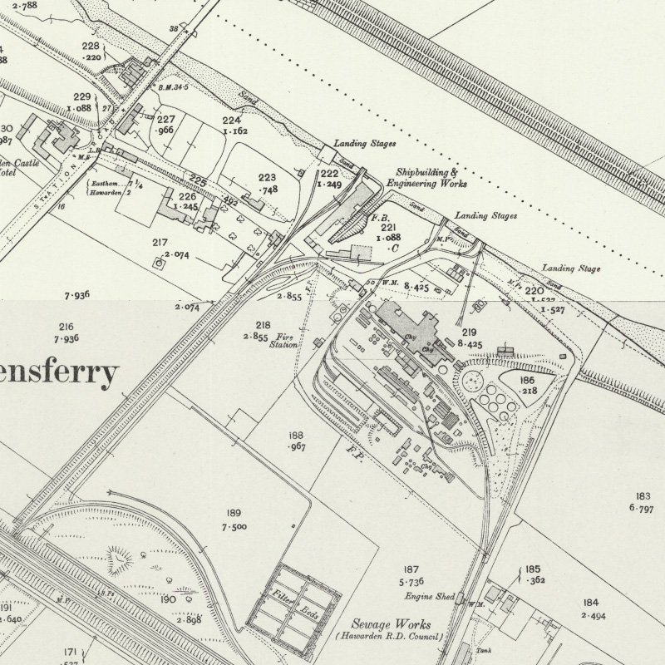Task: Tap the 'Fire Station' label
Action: click(282, 340)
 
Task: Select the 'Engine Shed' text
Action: click(429, 597)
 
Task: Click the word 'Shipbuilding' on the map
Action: click(426, 172)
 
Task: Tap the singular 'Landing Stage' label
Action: click(571, 268)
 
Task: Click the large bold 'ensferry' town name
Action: click(58, 375)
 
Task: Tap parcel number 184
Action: click(590, 603)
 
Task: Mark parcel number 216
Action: click(66, 328)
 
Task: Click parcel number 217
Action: click(160, 243)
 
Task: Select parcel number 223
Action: click(267, 178)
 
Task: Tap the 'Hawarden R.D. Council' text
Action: click(390, 637)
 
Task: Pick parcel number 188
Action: click(296, 436)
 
